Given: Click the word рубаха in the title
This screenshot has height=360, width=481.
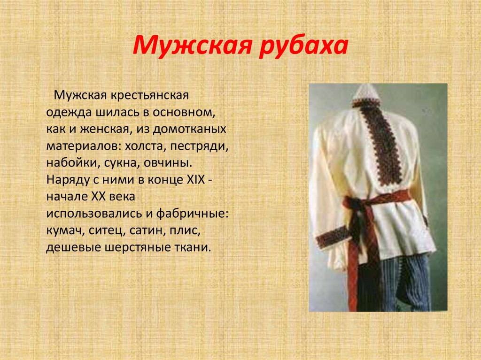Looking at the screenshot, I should tap(305, 47).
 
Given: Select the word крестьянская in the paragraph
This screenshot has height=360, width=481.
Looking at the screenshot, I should tap(149, 96).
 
